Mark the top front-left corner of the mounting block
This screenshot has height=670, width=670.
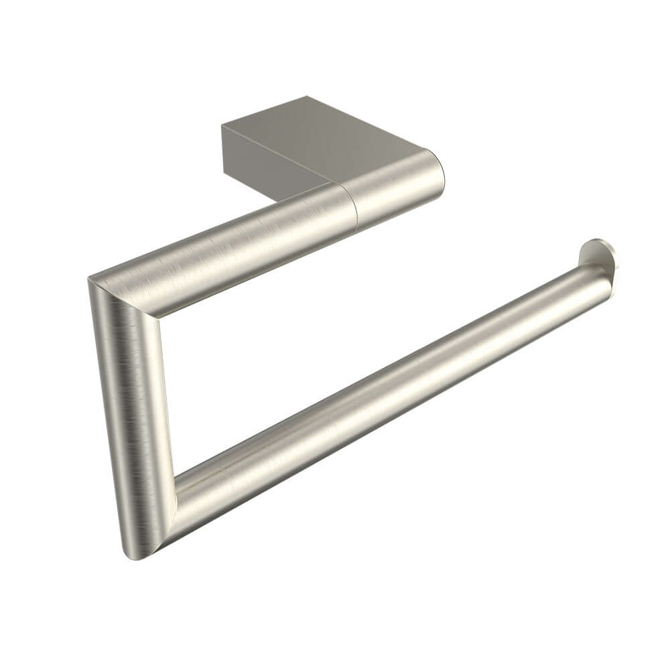point(222,125)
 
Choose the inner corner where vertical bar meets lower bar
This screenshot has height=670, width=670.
point(176,478)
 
